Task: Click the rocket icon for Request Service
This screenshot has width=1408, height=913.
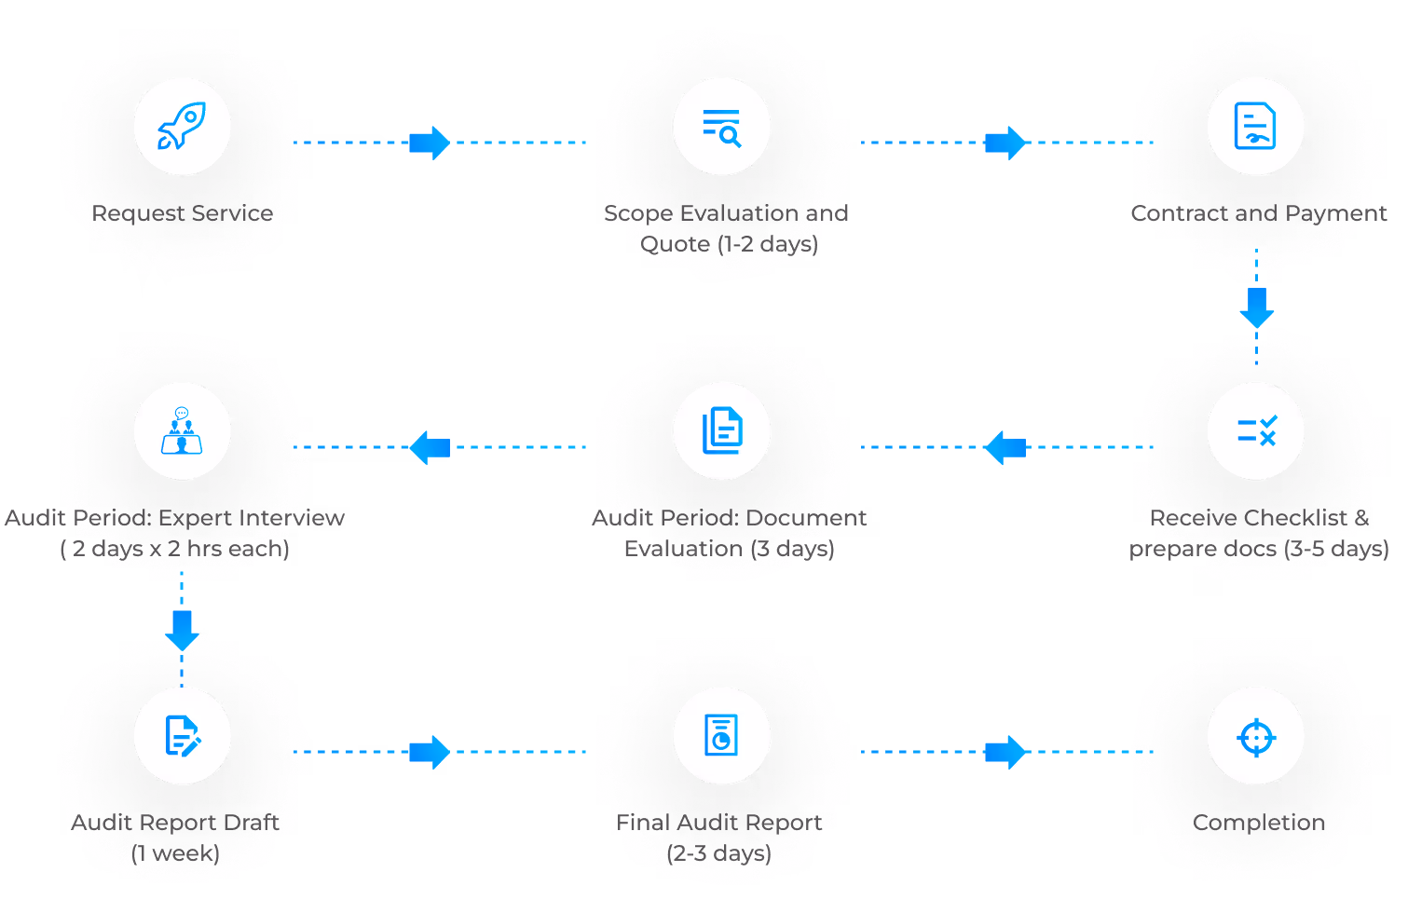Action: pyautogui.click(x=182, y=127)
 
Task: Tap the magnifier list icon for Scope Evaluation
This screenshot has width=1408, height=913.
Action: pyautogui.click(x=721, y=127)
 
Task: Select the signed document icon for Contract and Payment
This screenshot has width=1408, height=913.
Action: pyautogui.click(x=1255, y=127)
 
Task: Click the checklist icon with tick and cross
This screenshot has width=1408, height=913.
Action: pyautogui.click(x=1255, y=430)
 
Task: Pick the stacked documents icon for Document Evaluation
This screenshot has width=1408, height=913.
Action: pyautogui.click(x=721, y=430)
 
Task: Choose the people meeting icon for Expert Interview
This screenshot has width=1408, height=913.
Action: pyautogui.click(x=182, y=430)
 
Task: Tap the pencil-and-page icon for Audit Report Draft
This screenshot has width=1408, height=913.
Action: pyautogui.click(x=182, y=735)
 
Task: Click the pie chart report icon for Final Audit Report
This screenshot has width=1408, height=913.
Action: pyautogui.click(x=721, y=735)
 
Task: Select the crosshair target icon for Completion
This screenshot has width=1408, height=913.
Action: pyautogui.click(x=1255, y=737)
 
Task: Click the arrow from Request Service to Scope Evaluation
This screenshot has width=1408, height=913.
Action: pyautogui.click(x=430, y=143)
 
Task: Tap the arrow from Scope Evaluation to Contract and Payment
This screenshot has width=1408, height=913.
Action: pyautogui.click(x=1005, y=143)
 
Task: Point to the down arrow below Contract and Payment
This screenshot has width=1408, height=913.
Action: pyautogui.click(x=1256, y=307)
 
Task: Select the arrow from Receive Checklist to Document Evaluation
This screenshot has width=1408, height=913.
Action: pyautogui.click(x=1005, y=447)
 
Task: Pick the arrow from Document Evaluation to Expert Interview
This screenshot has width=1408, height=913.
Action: pyautogui.click(x=430, y=447)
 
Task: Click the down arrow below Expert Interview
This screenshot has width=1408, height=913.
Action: pyautogui.click(x=182, y=630)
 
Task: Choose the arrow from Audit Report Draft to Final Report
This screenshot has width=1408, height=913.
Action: pyautogui.click(x=430, y=752)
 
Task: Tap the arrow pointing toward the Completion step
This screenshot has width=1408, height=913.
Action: pyautogui.click(x=1005, y=752)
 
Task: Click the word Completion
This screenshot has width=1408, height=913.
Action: pyautogui.click(x=1257, y=823)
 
